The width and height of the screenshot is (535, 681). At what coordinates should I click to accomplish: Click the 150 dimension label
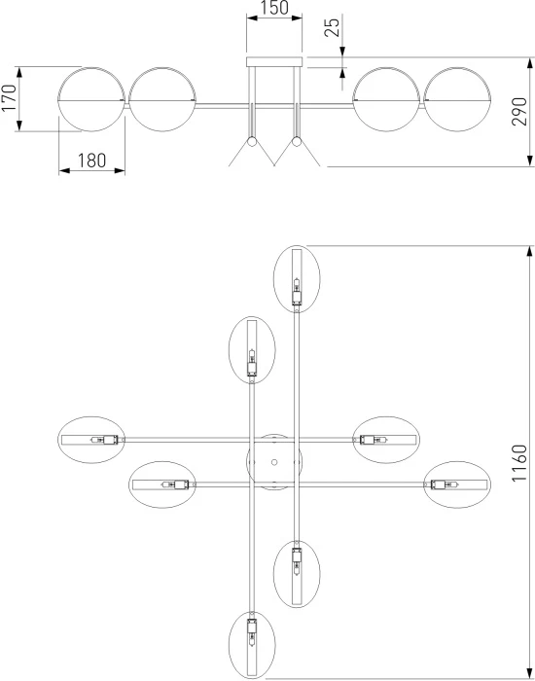click(x=274, y=8)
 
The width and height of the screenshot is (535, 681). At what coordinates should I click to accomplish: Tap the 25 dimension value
click(x=333, y=27)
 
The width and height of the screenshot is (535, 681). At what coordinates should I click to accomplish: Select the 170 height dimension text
click(x=9, y=97)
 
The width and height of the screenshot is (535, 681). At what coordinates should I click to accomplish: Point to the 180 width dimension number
click(x=91, y=161)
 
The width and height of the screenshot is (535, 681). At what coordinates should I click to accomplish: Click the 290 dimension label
click(x=518, y=112)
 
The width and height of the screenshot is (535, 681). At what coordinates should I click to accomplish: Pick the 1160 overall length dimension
click(x=518, y=462)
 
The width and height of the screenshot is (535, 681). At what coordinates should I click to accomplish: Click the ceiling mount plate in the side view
click(x=274, y=61)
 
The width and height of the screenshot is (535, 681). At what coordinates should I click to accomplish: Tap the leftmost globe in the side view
click(x=91, y=99)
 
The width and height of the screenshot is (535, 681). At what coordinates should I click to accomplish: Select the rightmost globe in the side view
click(x=457, y=99)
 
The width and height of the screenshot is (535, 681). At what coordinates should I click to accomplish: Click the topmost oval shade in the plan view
click(x=297, y=279)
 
